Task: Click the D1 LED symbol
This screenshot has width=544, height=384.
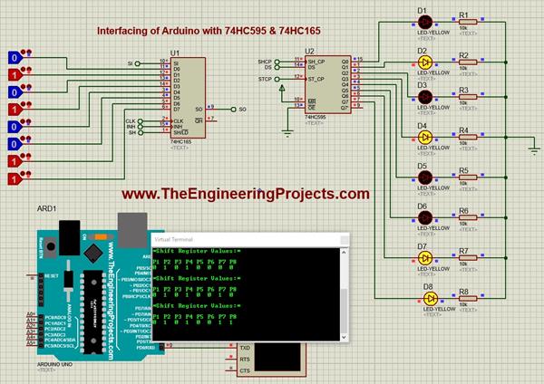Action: (x=423, y=22)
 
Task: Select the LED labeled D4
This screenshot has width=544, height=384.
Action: (x=423, y=137)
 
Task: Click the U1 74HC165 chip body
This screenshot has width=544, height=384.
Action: (x=185, y=96)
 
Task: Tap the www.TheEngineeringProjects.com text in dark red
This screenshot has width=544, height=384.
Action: (x=246, y=194)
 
